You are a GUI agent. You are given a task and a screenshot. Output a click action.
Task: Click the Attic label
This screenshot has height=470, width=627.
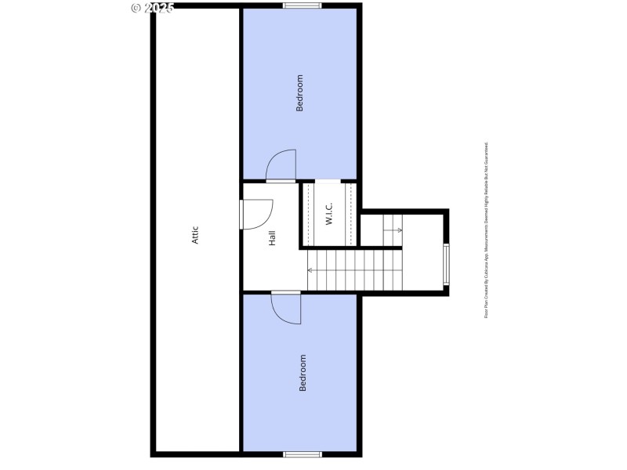196,235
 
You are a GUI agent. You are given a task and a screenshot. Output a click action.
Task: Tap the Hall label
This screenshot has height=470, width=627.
272,238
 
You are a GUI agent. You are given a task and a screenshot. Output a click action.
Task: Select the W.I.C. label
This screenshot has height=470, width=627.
329,215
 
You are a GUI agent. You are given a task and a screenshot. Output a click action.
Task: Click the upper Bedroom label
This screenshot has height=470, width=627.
299,93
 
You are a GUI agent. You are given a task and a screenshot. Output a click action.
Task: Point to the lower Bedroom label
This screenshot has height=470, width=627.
303,373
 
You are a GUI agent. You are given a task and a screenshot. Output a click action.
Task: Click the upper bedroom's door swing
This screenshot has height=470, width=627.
281,165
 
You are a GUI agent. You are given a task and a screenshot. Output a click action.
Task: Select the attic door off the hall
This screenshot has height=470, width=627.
256,214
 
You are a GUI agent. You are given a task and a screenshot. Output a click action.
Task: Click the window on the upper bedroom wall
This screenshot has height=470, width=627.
302,6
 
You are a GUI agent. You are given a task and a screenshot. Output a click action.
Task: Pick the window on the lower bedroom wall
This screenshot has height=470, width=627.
302,454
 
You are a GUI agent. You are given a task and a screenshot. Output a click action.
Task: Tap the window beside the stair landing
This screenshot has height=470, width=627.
446,265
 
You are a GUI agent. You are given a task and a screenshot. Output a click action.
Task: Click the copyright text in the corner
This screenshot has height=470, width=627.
152,8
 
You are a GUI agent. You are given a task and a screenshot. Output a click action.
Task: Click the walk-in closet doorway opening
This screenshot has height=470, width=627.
328,183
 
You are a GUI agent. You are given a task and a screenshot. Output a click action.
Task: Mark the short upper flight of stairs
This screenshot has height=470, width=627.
392,229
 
